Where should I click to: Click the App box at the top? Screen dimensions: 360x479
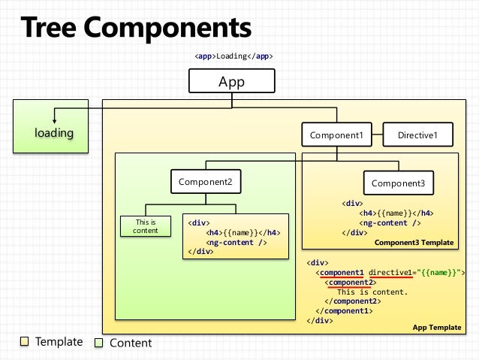tap(231, 82)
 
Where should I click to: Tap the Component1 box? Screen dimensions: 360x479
tap(337, 135)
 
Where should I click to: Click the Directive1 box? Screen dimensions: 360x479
tap(417, 135)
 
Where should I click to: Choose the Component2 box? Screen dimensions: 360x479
tap(206, 182)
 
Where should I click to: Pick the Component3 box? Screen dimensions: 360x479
tap(398, 183)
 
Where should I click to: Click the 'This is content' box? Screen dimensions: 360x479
tap(145, 226)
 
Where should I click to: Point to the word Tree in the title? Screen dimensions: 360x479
tap(50, 29)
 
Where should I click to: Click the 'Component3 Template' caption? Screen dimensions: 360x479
tap(414, 243)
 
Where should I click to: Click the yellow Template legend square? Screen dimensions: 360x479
tap(24, 342)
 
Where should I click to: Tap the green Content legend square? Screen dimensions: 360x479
tap(98, 343)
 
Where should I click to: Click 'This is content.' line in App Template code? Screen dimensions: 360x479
tap(372, 292)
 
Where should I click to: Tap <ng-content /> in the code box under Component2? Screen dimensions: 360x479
tap(236, 242)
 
